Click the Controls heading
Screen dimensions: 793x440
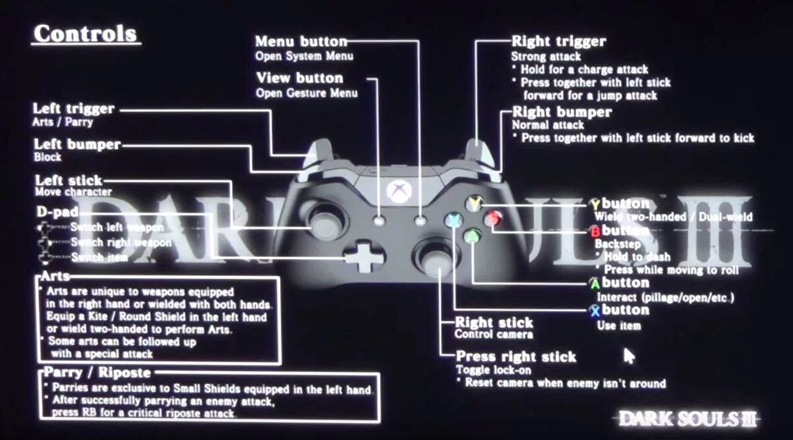[x=86, y=33]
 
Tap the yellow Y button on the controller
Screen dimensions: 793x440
[x=475, y=204]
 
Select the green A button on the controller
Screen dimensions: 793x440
[x=473, y=235]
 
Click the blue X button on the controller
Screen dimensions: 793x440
[x=453, y=220]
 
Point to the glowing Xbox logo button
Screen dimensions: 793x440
[x=399, y=191]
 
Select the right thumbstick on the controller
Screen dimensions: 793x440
[x=434, y=258]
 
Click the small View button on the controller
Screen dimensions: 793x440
[x=378, y=221]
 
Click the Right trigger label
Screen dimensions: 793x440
[x=558, y=41]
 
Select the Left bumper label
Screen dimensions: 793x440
[x=77, y=144]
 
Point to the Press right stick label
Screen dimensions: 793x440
[x=516, y=357]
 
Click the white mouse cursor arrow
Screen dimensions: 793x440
[x=629, y=356]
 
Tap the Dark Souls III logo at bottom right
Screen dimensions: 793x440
[x=688, y=418]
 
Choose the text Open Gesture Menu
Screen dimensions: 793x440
[x=307, y=93]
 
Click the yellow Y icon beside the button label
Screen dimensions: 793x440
[x=595, y=204]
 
